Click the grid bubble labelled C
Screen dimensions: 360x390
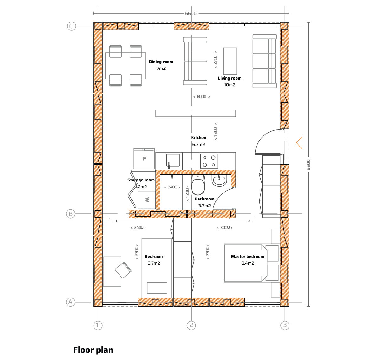[71, 26]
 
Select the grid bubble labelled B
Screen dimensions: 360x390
[70, 214]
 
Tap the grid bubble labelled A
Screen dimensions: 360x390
[70, 302]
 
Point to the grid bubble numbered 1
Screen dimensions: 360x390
[98, 325]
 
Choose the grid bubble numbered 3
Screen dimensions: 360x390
[285, 325]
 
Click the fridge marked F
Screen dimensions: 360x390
[144, 159]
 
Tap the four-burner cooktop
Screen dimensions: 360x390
[209, 161]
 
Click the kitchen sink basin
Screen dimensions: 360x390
[173, 160]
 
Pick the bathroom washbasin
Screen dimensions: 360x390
[219, 181]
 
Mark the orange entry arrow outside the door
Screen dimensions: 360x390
[299, 143]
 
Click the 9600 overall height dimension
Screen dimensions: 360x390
[309, 164]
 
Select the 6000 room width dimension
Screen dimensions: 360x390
[202, 97]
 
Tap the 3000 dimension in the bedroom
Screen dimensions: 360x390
[224, 228]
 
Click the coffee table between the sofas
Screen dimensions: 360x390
[230, 61]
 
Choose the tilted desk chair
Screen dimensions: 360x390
[123, 270]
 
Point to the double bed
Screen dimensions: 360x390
[244, 263]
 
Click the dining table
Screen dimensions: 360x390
[126, 66]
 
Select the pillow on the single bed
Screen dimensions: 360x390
[157, 288]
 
